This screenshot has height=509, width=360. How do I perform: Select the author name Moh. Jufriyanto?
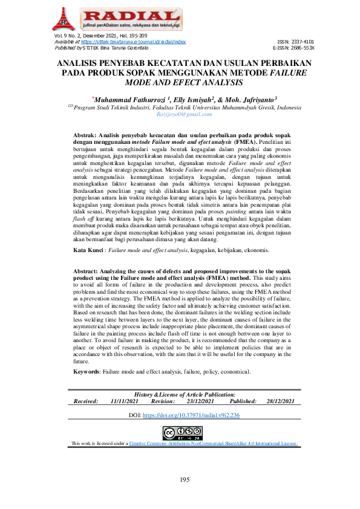tap(248, 99)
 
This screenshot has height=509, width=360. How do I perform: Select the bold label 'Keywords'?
tap(86, 371)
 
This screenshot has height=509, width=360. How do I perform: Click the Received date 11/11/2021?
tap(126, 401)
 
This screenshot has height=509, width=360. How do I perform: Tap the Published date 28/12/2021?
tap(280, 401)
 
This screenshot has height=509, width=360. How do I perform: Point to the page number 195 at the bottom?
tap(185, 480)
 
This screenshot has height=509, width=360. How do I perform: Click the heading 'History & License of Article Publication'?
tap(185, 394)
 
